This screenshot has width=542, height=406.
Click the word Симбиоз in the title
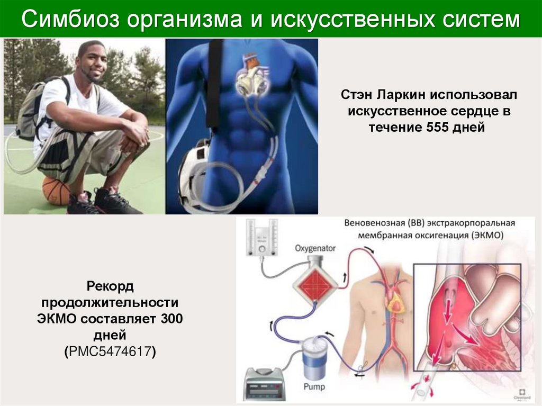[x=70, y=20]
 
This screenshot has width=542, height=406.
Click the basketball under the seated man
[x=56, y=191]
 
